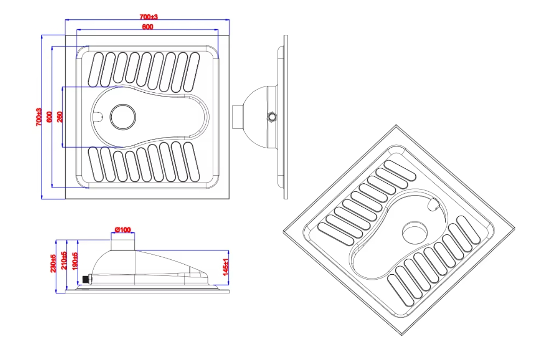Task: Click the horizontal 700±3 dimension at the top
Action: pyautogui.click(x=149, y=17)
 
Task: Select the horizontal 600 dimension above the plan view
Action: pyautogui.click(x=147, y=27)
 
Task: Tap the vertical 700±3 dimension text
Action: pyautogui.click(x=39, y=117)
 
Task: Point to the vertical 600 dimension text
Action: pyautogui.click(x=49, y=117)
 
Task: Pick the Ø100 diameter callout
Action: pyautogui.click(x=123, y=230)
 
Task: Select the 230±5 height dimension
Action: pyautogui.click(x=54, y=263)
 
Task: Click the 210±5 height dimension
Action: pyautogui.click(x=64, y=260)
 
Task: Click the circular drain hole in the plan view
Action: pyautogui.click(x=123, y=117)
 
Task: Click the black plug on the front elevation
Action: pyautogui.click(x=86, y=279)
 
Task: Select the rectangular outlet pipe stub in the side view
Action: pyautogui.click(x=237, y=117)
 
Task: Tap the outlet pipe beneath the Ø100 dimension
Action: pyautogui.click(x=123, y=243)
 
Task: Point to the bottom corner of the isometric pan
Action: pyautogui.click(x=402, y=335)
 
